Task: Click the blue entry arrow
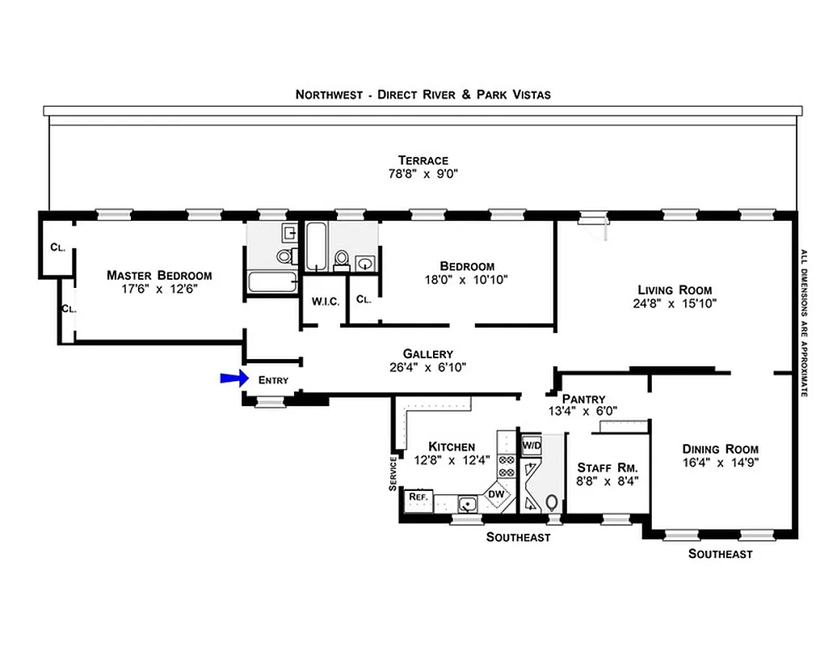233,378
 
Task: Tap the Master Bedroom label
159,275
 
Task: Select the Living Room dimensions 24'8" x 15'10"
675,304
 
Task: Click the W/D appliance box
531,446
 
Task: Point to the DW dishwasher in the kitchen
496,494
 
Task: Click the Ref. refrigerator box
418,497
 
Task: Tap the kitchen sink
467,505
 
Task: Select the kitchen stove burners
507,467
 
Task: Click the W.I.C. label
324,301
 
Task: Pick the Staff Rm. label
608,467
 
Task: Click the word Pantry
583,398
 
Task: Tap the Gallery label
427,354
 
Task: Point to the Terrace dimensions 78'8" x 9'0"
423,174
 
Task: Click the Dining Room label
720,450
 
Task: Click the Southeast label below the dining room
720,554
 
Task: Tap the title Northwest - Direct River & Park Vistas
423,95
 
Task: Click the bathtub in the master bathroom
272,282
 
